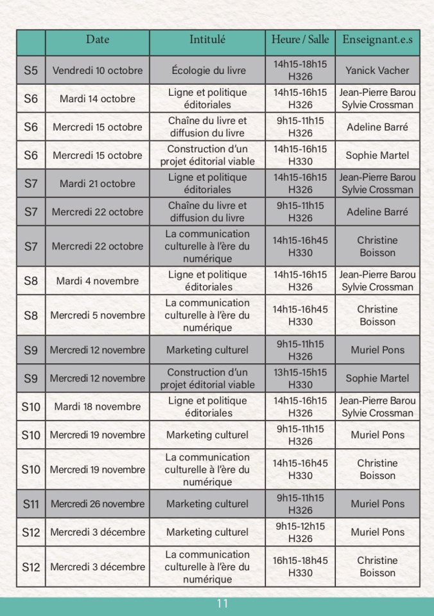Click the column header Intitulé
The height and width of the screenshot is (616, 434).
pos(207,40)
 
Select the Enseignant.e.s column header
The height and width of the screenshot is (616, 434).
pos(377,40)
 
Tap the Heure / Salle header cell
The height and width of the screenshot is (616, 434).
pos(300,40)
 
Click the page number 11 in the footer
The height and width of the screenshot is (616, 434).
pos(222,604)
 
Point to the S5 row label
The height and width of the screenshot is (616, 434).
pos(31,70)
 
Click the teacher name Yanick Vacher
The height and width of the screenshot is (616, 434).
pos(377,70)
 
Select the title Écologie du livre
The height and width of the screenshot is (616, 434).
pos(207,70)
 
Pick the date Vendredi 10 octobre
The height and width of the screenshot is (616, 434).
pos(98,70)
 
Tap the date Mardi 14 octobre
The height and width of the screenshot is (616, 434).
pos(98,98)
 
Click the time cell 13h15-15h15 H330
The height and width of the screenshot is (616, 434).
pos(300,378)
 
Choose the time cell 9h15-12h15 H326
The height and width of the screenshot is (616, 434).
pos(300,532)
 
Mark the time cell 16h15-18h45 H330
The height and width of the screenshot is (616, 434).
pos(300,566)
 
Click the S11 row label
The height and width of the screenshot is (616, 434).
pos(31,504)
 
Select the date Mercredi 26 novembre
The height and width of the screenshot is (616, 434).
pos(98,504)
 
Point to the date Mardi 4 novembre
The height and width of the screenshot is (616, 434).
pos(98,281)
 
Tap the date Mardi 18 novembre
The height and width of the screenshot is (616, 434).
pos(98,406)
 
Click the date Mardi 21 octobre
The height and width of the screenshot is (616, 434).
pos(98,183)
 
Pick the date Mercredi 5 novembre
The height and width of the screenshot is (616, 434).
pos(98,315)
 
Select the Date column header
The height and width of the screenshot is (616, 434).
pos(98,40)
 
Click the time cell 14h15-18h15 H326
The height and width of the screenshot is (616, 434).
pos(300,70)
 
